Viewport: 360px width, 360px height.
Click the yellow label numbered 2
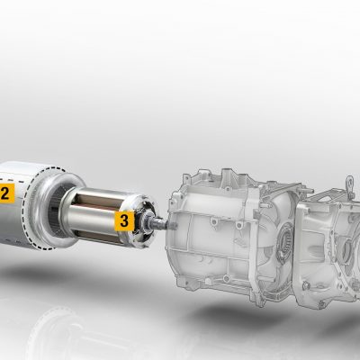[x=6, y=193]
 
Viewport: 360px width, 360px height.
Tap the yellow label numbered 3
[x=124, y=220]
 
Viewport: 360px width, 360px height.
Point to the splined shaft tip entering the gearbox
[x=163, y=222]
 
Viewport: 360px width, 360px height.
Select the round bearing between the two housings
[x=284, y=240]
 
